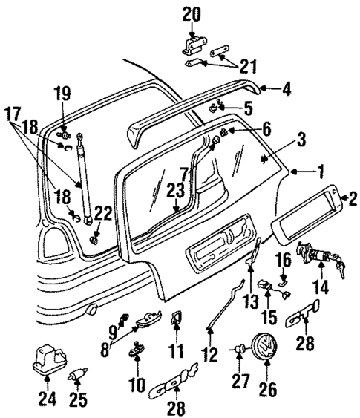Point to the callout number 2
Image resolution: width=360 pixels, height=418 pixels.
(353, 197)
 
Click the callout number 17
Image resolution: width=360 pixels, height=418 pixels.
(11, 116)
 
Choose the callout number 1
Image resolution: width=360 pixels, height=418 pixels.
(321, 173)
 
